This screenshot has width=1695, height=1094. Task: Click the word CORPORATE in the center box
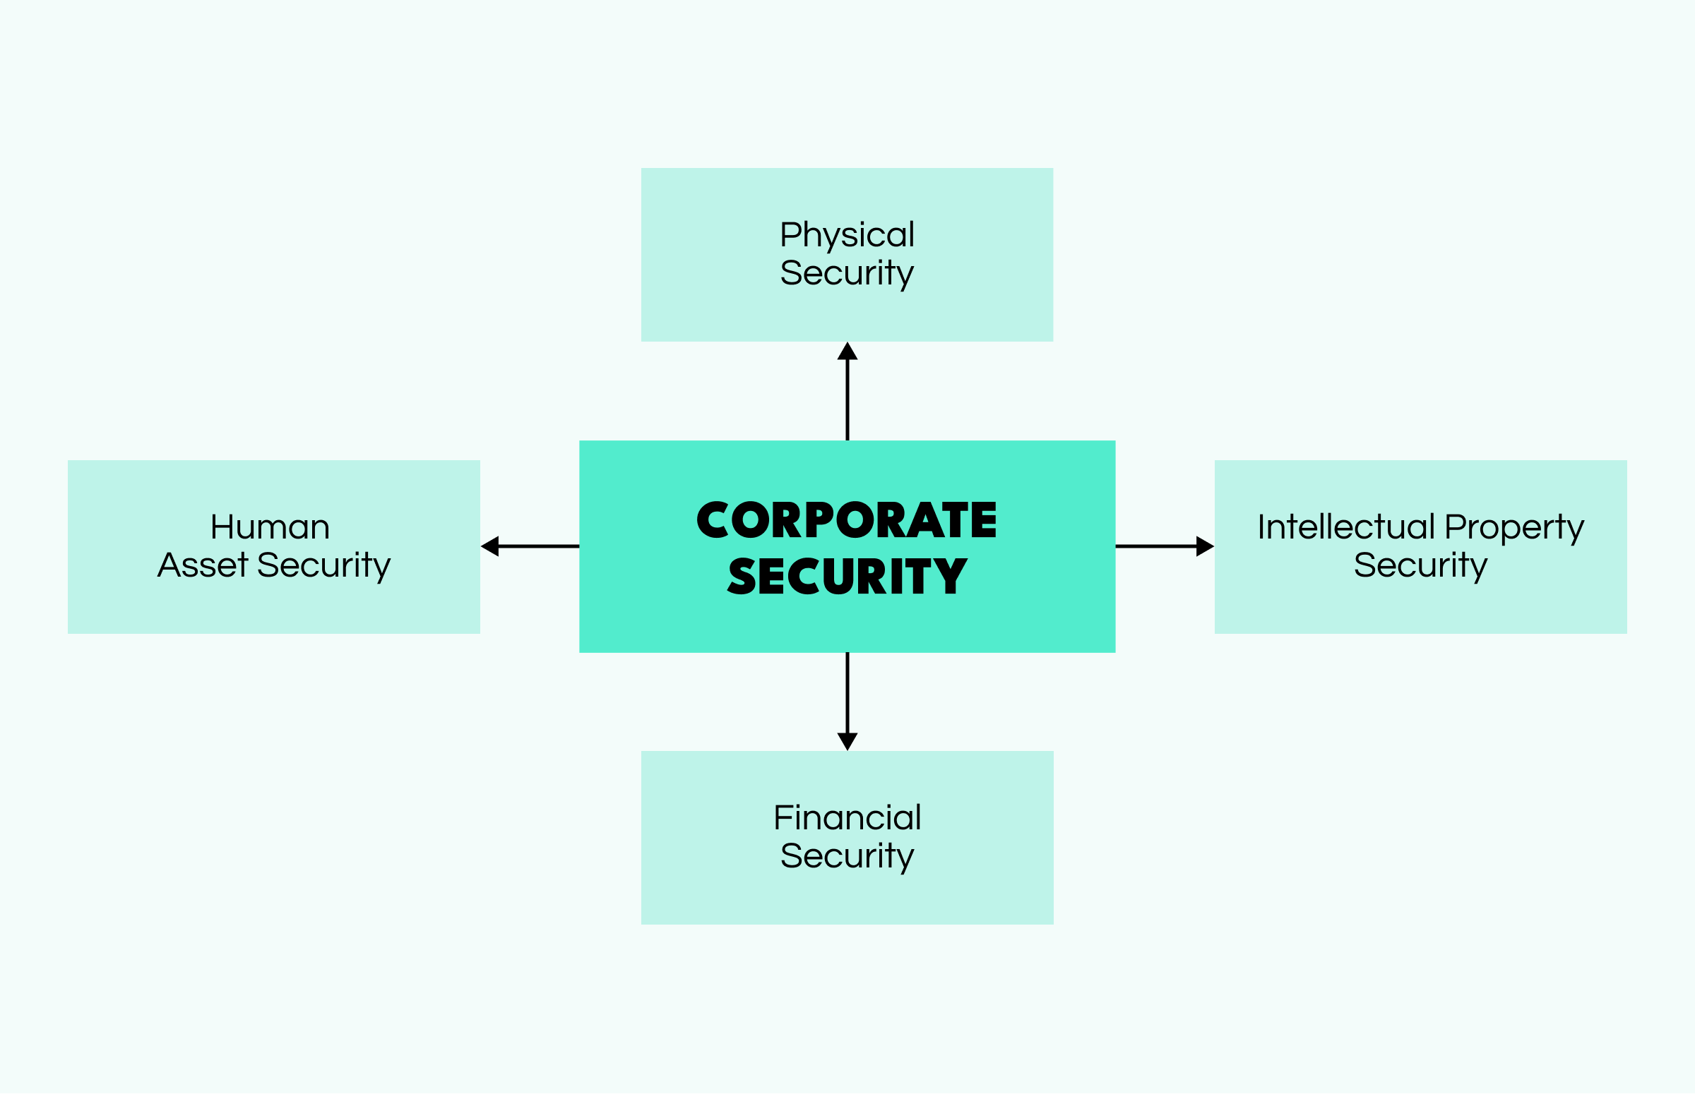click(846, 520)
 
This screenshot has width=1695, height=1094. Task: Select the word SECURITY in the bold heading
click(846, 576)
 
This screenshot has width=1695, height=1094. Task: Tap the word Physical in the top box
click(846, 234)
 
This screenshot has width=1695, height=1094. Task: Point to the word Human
click(270, 527)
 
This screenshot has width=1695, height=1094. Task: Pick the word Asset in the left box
click(203, 565)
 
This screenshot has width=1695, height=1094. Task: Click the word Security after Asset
click(323, 565)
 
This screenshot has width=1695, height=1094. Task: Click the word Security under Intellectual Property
click(1420, 565)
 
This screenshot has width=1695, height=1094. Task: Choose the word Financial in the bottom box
click(847, 817)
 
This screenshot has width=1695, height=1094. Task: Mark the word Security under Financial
click(846, 856)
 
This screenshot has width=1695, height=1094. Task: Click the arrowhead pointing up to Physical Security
click(847, 351)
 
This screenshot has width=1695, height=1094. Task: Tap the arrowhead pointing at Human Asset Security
click(490, 546)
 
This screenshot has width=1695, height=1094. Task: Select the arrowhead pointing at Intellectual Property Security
click(1205, 546)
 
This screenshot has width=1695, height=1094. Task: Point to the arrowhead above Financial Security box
click(847, 741)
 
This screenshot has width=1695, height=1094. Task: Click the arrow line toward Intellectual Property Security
click(1155, 546)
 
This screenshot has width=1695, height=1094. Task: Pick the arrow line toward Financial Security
click(847, 692)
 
